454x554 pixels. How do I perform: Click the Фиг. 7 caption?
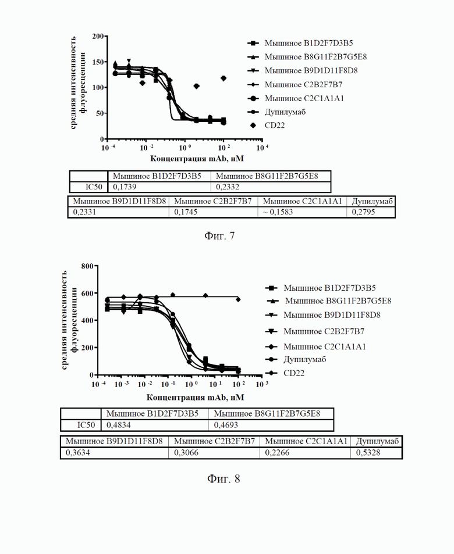(219, 235)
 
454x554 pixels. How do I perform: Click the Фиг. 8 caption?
(224, 479)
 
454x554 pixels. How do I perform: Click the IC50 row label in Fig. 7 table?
(93, 187)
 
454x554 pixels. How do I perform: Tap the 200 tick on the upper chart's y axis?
(98, 37)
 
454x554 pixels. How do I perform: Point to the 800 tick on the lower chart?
(87, 266)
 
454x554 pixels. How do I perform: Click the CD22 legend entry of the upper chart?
(268, 126)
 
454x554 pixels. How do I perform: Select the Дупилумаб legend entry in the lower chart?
(296, 360)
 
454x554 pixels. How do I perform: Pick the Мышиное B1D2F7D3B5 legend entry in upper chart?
(300, 43)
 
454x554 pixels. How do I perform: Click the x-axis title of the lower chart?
(196, 398)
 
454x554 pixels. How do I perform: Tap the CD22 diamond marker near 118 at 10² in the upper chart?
(224, 78)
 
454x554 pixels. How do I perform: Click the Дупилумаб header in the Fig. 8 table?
(377, 441)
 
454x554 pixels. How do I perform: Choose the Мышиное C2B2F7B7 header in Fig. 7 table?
(212, 201)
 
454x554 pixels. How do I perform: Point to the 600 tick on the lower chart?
(87, 293)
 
